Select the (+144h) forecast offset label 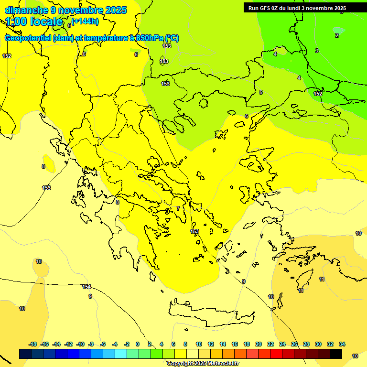[85, 21]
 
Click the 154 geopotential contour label [86, 287]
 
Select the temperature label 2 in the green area [336, 35]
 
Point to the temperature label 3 [316, 51]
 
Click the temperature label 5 [261, 92]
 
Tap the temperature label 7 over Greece [178, 208]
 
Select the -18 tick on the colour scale [32, 344]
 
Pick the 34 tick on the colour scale [342, 344]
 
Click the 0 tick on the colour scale [138, 344]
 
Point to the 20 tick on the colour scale [259, 344]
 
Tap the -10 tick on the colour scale [80, 344]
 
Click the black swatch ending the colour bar [336, 354]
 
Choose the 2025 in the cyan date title [115, 10]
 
